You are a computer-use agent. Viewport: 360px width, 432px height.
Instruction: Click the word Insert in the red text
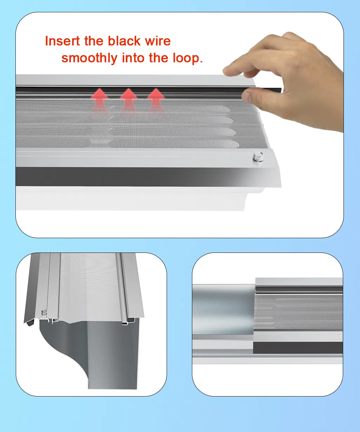tap(63, 41)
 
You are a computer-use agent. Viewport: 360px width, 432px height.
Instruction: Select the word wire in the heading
tap(158, 41)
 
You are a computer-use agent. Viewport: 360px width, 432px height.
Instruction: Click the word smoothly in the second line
tap(89, 58)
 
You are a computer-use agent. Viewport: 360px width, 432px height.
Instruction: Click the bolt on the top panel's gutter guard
tap(258, 156)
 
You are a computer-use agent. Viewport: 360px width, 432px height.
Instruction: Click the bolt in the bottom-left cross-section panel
tap(44, 311)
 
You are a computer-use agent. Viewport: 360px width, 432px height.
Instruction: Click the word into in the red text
tap(133, 58)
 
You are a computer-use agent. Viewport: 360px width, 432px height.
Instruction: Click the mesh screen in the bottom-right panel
tap(298, 313)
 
